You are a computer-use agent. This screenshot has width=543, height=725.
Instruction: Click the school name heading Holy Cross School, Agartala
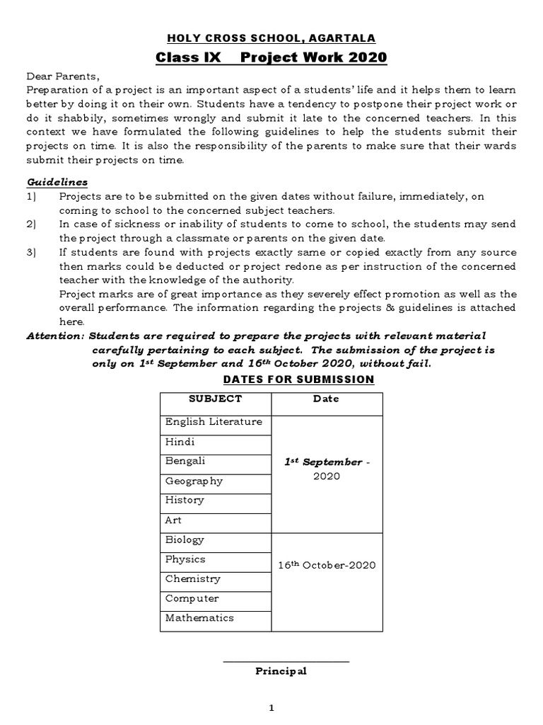[x=271, y=38]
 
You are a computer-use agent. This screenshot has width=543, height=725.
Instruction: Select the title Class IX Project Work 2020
[x=271, y=57]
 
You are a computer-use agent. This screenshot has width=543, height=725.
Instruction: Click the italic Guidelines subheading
[x=57, y=183]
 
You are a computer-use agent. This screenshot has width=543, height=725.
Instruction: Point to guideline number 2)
[x=32, y=224]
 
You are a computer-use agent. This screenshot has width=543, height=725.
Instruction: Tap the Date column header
[x=326, y=399]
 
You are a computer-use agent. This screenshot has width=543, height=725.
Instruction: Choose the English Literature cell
[x=214, y=422]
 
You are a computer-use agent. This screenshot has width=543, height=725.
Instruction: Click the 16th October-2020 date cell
[x=326, y=565]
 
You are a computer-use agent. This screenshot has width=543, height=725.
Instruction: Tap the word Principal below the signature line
[x=281, y=671]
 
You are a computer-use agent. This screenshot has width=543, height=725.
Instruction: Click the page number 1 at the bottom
[x=271, y=707]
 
